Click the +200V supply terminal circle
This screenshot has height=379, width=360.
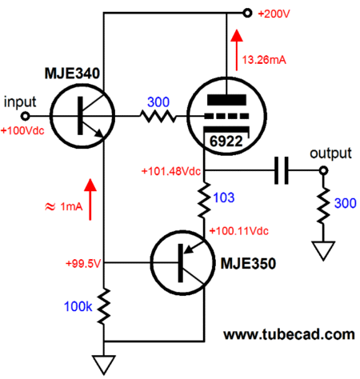pyautogui.click(x=247, y=13)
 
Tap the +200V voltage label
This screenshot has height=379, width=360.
pyautogui.click(x=274, y=14)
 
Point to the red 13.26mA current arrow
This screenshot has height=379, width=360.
pyautogui.click(x=237, y=50)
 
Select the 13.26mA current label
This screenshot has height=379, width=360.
pyautogui.click(x=264, y=60)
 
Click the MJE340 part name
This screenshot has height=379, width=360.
pyautogui.click(x=72, y=74)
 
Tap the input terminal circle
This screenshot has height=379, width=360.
pyautogui.click(x=26, y=116)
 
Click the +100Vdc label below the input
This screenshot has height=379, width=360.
pyautogui.click(x=22, y=130)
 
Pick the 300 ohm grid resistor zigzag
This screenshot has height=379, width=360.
pyautogui.click(x=158, y=117)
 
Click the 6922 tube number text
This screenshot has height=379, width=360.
pyautogui.click(x=226, y=141)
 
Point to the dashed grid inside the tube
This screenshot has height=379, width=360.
pyautogui.click(x=226, y=116)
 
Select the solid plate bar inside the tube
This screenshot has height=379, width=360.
pyautogui.click(x=226, y=100)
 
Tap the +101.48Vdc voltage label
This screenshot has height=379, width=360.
pyautogui.click(x=171, y=171)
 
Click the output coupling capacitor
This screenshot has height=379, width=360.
pyautogui.click(x=282, y=170)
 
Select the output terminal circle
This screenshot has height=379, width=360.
pyautogui.click(x=323, y=170)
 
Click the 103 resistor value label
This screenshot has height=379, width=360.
pyautogui.click(x=224, y=197)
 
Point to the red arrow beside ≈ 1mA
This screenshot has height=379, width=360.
pyautogui.click(x=90, y=199)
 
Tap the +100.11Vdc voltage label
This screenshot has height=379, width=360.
pyautogui.click(x=239, y=231)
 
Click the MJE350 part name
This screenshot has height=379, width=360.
pyautogui.click(x=248, y=264)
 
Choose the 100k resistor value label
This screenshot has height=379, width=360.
pyautogui.click(x=78, y=306)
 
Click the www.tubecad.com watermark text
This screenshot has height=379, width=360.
pyautogui.click(x=289, y=334)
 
